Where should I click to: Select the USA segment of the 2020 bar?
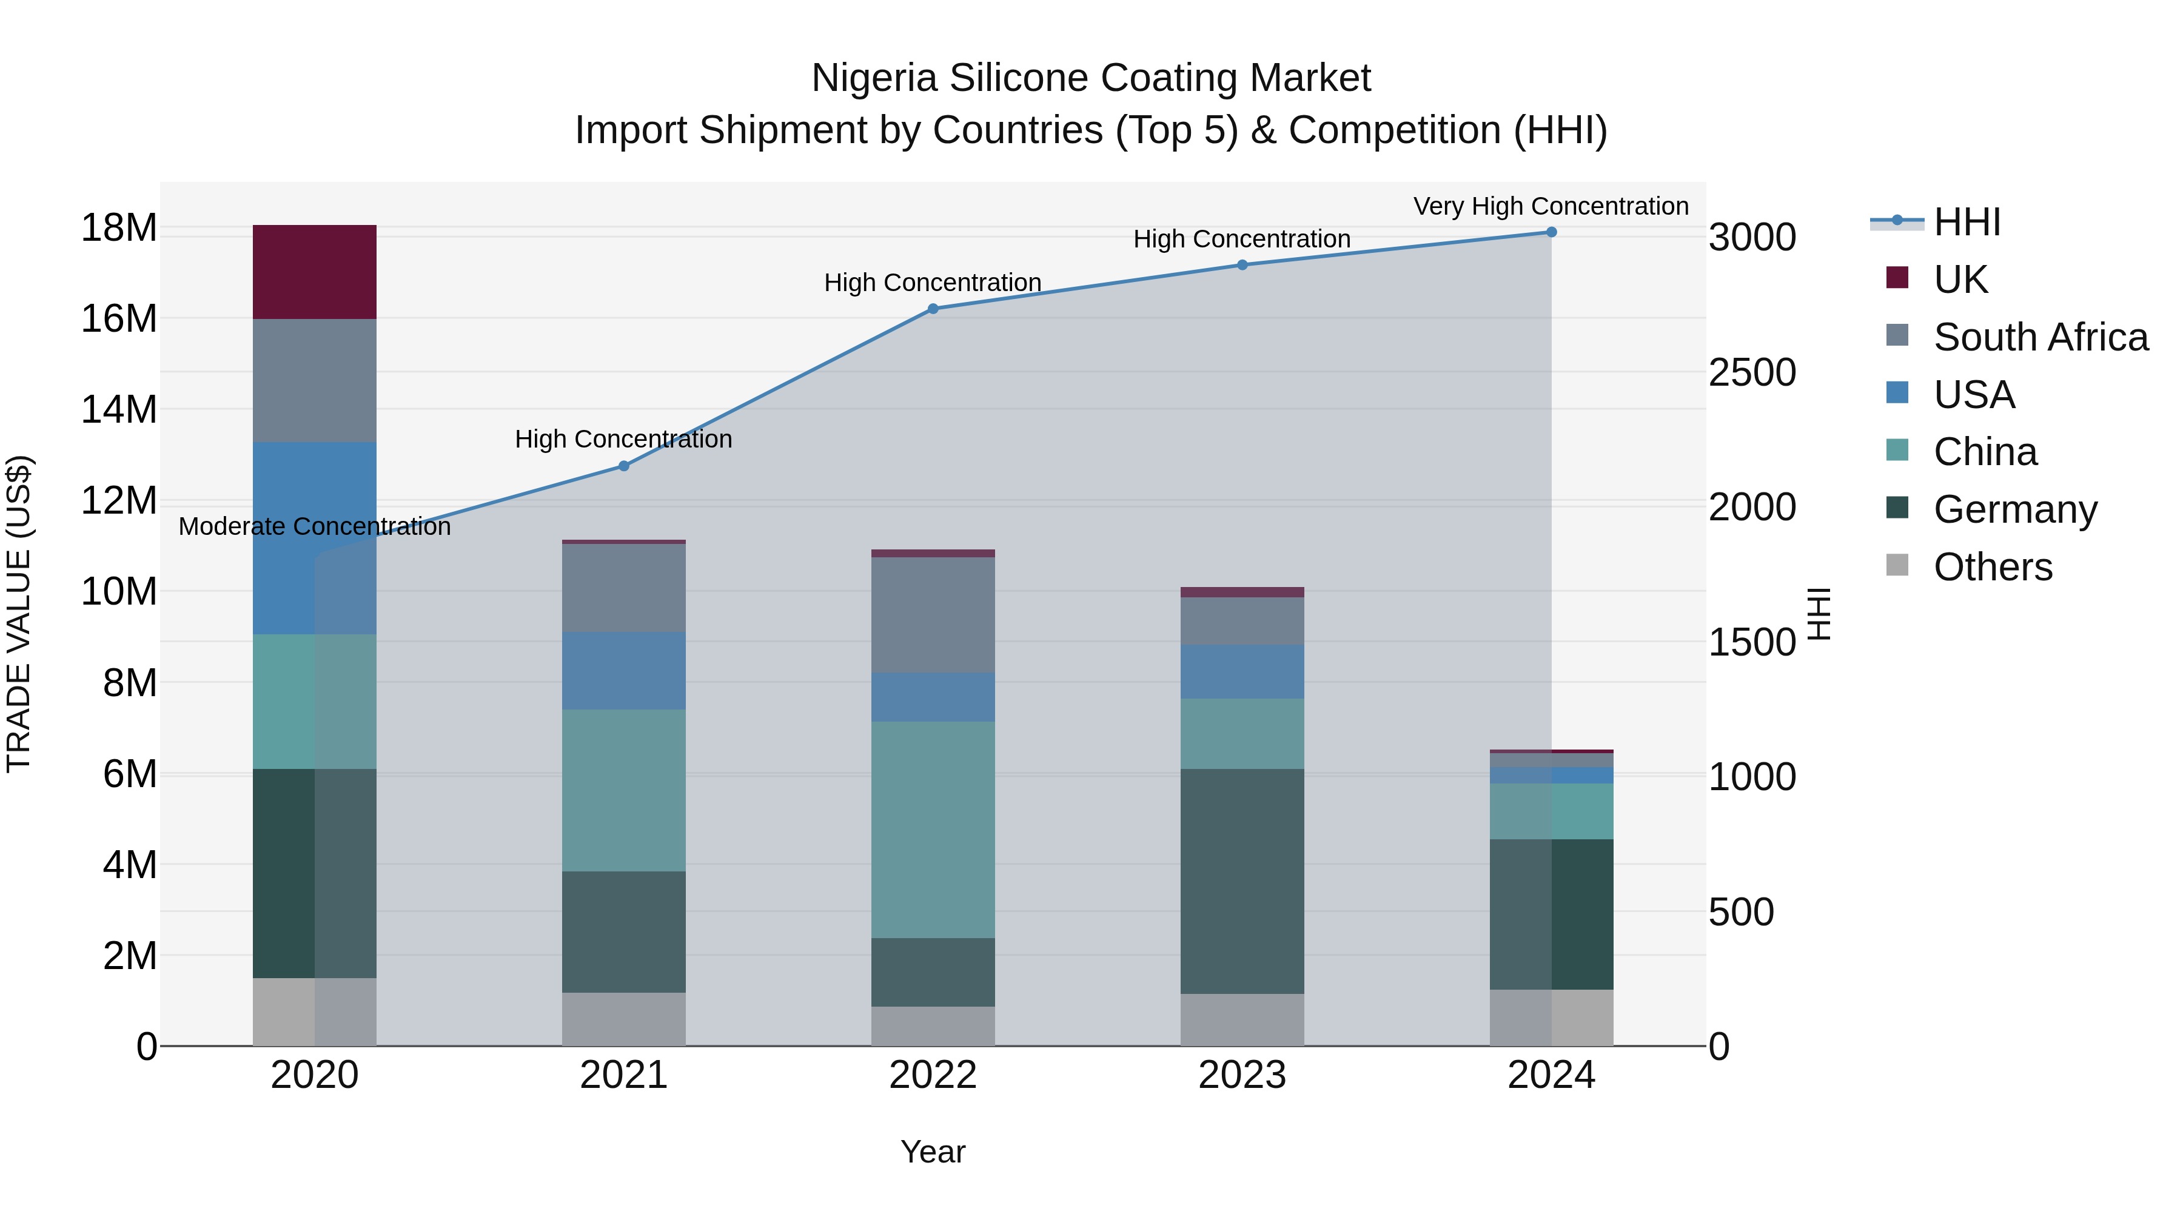tap(314, 537)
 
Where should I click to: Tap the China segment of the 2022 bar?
tap(933, 829)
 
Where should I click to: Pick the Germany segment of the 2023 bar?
tap(1242, 881)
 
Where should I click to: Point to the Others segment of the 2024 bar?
tap(1552, 1017)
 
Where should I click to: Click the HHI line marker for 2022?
tap(933, 309)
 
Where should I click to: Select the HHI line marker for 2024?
tap(1552, 232)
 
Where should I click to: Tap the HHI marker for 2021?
tap(624, 465)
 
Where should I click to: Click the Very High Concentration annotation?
tap(1551, 206)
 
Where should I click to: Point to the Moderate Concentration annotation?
tap(314, 526)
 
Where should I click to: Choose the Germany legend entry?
tap(2014, 509)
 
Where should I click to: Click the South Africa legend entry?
tap(2040, 337)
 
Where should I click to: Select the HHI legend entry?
tap(1966, 222)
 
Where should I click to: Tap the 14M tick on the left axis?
tap(119, 409)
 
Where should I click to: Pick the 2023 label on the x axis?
tap(1242, 1075)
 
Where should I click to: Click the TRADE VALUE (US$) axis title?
tap(19, 614)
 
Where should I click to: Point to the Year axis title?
tap(933, 1152)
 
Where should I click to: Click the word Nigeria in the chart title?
tap(874, 78)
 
